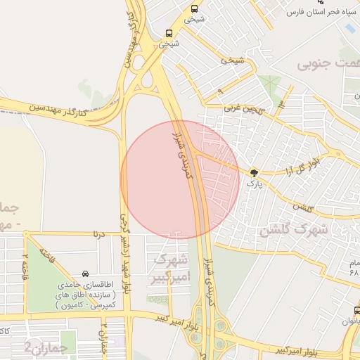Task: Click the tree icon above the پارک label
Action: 254,172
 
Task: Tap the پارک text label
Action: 254,183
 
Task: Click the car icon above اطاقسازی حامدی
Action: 85,273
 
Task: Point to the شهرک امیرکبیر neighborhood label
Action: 169,267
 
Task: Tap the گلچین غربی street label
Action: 243,108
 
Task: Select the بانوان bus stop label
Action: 350,321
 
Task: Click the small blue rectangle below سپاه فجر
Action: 349,29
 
